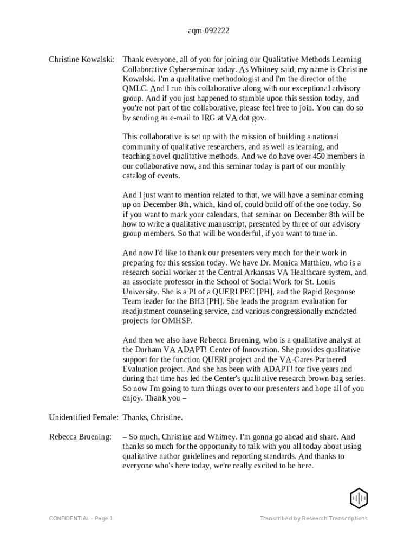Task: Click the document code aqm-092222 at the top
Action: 208,31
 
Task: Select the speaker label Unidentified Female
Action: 83,417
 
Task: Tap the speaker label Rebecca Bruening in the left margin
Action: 80,437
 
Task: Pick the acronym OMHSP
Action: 177,321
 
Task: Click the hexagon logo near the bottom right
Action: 359,498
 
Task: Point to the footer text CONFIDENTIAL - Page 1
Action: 81,519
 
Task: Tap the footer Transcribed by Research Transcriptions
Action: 313,519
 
